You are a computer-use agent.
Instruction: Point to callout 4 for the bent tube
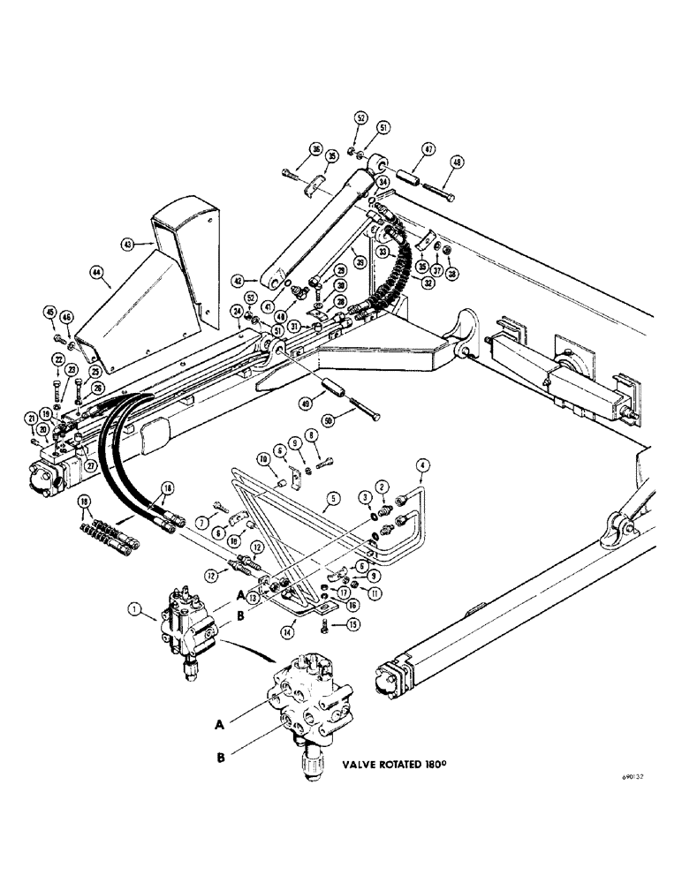(x=421, y=464)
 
